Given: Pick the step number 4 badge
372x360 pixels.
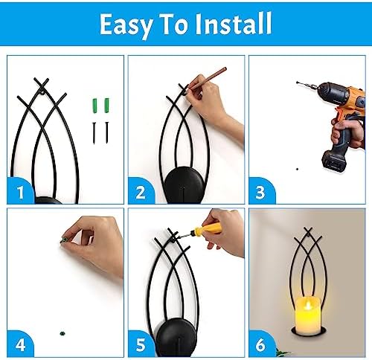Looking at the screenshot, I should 22,344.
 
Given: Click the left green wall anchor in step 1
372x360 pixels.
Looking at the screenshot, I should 96,104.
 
